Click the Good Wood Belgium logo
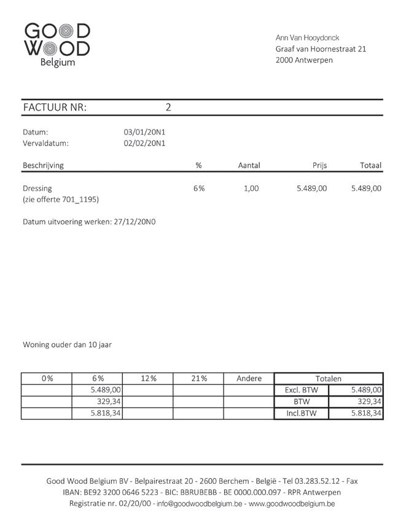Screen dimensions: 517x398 [x=57, y=44]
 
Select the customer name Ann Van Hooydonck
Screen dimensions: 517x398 [x=307, y=37]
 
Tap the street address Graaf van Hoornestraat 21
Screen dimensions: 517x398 [x=321, y=49]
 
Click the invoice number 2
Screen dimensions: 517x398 [x=168, y=107]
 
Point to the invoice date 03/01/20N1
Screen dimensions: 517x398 [x=144, y=132]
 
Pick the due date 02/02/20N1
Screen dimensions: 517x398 [x=144, y=143]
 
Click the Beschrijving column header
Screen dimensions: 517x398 [x=43, y=165]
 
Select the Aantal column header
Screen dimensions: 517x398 [x=249, y=165]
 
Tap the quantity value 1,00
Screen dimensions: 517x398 [x=251, y=189]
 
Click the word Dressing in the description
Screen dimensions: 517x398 [x=37, y=189]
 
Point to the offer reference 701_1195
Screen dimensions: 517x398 [x=79, y=200]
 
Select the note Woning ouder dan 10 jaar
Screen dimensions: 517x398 [x=67, y=344]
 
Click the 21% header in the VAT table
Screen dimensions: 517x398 [x=198, y=379]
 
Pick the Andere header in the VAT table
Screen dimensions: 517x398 [x=249, y=379]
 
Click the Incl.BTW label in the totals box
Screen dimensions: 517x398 [x=301, y=413]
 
